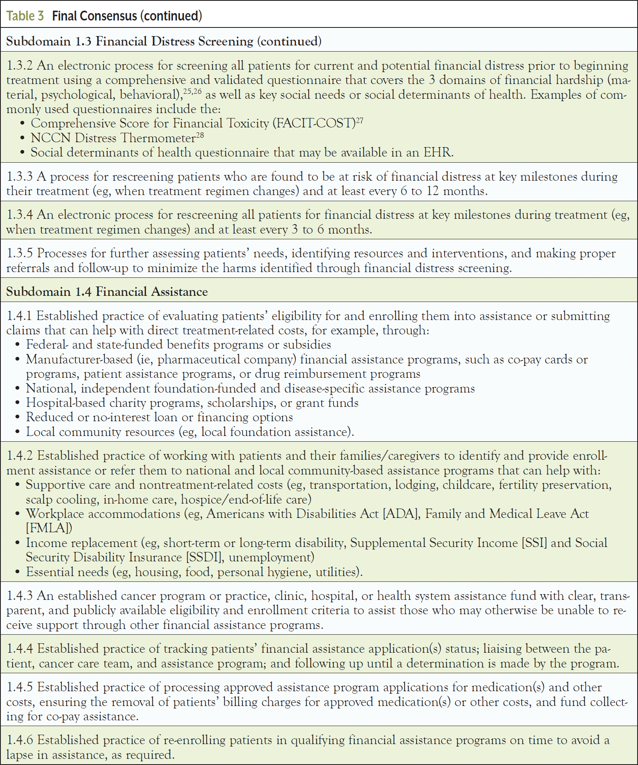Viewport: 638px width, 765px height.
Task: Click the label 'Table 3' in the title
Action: click(x=25, y=16)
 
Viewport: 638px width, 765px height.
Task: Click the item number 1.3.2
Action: click(x=20, y=66)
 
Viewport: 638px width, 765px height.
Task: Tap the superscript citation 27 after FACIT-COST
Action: click(x=359, y=120)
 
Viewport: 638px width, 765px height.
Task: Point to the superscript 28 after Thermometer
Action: click(x=200, y=135)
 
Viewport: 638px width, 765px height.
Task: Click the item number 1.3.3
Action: click(x=20, y=177)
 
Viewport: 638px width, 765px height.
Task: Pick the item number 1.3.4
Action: click(x=20, y=215)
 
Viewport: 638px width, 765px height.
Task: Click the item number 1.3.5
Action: click(x=20, y=253)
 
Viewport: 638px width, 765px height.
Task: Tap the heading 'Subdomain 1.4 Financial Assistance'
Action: click(x=107, y=292)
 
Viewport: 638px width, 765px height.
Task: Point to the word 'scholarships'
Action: click(x=240, y=403)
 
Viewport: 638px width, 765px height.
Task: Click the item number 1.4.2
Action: click(x=20, y=456)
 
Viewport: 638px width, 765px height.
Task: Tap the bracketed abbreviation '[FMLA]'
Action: click(x=49, y=528)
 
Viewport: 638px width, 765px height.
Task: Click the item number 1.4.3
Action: click(x=20, y=596)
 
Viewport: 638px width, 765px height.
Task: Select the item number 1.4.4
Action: click(x=20, y=649)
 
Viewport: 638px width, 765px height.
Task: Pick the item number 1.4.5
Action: click(x=20, y=687)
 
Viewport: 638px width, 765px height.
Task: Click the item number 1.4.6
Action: click(x=20, y=740)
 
